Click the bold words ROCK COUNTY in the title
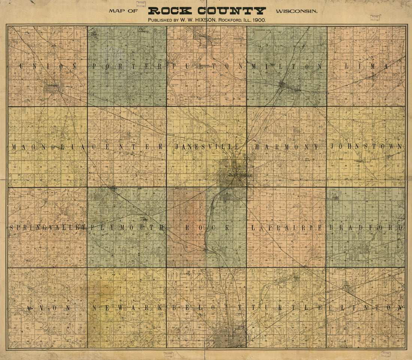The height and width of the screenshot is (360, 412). [207, 10]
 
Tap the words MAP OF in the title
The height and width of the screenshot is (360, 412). [124, 11]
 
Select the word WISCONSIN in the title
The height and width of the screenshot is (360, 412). [296, 11]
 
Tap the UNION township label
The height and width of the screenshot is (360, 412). [47, 66]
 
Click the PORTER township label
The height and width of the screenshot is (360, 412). [127, 66]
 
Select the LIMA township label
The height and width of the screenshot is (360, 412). [366, 66]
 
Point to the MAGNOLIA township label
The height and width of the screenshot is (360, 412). [48, 147]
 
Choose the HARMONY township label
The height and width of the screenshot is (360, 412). [287, 147]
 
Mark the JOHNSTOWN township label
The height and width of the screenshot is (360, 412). [366, 147]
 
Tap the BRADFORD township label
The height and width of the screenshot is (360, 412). [366, 228]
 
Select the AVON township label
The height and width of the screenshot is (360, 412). [48, 308]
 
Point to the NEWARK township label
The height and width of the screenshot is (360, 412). [127, 308]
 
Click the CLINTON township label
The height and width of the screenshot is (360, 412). [366, 308]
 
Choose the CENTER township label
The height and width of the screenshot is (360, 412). [127, 147]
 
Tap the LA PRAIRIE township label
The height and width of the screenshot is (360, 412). [287, 228]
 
